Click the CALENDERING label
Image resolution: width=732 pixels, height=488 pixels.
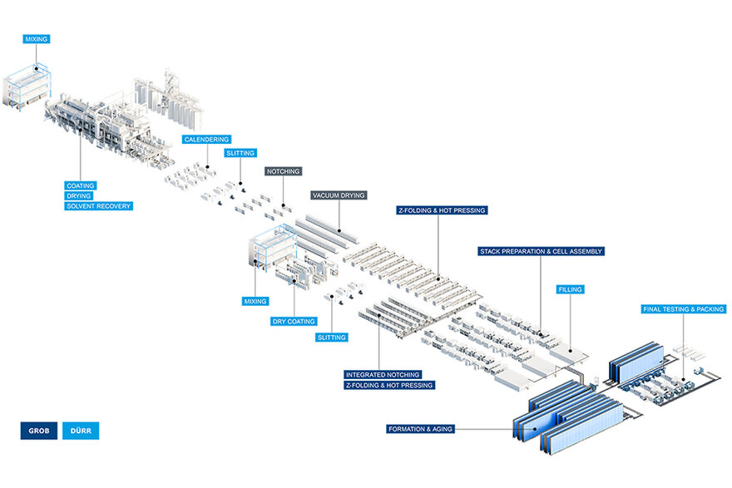click(207, 139)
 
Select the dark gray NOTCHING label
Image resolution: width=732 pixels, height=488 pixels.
click(284, 171)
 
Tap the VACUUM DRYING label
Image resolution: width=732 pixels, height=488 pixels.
click(339, 195)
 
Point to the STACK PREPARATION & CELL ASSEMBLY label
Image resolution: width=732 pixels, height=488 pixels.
click(541, 251)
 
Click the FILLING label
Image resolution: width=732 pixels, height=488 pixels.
click(570, 289)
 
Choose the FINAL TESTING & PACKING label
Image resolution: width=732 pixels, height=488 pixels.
click(684, 309)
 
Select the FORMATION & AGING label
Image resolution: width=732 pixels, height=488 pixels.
click(421, 429)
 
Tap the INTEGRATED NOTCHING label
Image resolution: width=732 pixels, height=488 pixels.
click(383, 375)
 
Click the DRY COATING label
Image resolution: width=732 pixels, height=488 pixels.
click(294, 322)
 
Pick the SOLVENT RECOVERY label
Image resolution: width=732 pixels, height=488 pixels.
click(98, 205)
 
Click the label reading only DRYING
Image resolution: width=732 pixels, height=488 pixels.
click(78, 196)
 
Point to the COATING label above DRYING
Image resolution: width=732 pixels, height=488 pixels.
click(81, 185)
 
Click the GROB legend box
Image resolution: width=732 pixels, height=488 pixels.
click(39, 431)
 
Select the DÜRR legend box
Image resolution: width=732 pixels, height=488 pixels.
click(81, 431)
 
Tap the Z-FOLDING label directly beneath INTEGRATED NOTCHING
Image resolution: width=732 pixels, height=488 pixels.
click(389, 385)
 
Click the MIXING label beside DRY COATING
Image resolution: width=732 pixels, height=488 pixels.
click(255, 302)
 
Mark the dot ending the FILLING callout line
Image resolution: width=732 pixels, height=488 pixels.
click(570, 350)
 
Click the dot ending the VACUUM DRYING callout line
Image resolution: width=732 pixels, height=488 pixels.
click(339, 230)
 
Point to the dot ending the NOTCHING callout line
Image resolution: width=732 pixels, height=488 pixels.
click(284, 205)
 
